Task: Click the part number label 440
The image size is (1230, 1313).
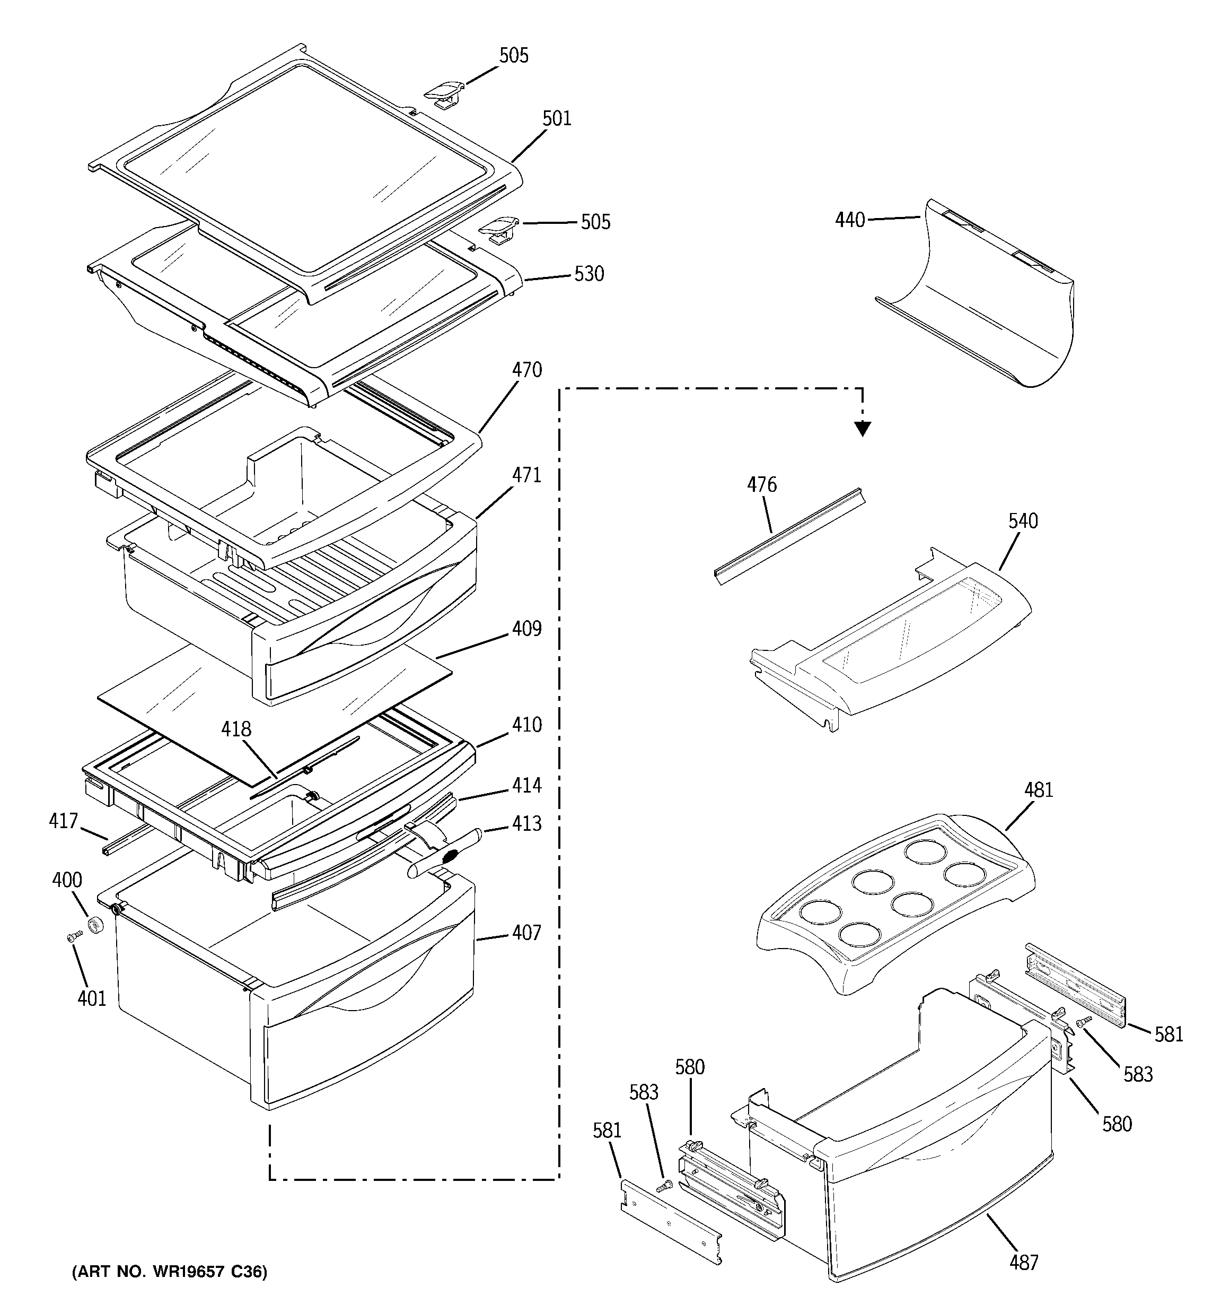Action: tap(850, 220)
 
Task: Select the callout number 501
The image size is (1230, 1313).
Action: tap(557, 119)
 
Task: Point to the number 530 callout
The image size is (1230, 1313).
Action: tap(589, 273)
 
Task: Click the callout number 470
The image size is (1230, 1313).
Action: tap(527, 370)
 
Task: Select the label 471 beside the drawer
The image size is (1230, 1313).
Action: tap(527, 475)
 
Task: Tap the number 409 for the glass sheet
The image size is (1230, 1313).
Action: tap(527, 629)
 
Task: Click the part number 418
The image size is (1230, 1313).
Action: tap(236, 729)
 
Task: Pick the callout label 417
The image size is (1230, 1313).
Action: tap(64, 821)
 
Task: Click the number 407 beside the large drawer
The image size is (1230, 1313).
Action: tap(527, 933)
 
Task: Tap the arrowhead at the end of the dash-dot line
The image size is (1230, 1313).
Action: tap(862, 429)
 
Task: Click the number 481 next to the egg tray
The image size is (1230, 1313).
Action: tap(1039, 790)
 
